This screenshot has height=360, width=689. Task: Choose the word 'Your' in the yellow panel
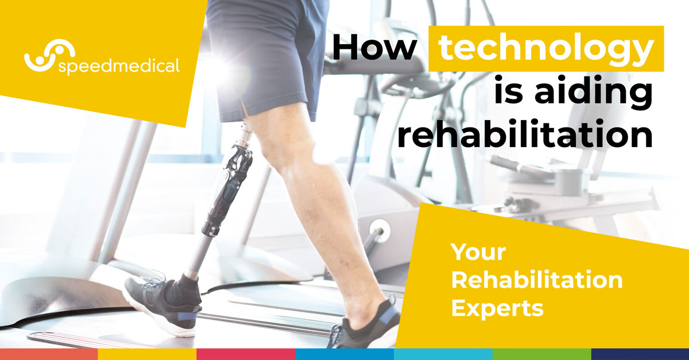(x=478, y=253)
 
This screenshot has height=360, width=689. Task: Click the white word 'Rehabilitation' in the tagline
(x=536, y=281)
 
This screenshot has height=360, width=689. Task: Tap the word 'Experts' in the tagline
(x=497, y=308)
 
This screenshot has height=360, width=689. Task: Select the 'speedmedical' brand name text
(x=119, y=66)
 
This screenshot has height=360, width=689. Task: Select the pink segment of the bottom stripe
(x=246, y=354)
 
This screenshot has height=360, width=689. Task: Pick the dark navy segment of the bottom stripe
(x=640, y=354)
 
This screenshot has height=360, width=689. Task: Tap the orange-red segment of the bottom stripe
(x=49, y=354)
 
